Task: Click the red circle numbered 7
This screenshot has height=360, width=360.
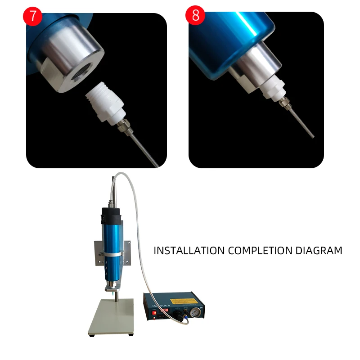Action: [32, 16]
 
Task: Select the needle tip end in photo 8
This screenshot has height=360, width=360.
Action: [311, 135]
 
